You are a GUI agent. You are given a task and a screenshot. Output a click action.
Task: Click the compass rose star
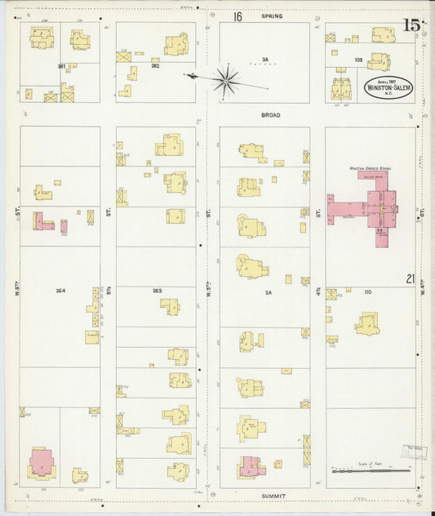226,79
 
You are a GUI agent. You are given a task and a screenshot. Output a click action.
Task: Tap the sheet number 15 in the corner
411,24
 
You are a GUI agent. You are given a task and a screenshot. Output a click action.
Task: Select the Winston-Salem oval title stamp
388,87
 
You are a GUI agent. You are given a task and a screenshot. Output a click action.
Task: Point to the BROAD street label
270,115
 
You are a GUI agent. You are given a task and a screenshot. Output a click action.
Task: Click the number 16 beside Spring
237,16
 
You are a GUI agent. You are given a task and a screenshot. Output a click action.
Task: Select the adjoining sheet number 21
411,279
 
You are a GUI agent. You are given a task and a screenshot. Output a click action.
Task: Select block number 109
357,60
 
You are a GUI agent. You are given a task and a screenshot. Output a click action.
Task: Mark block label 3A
264,59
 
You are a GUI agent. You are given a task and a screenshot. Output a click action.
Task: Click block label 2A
266,290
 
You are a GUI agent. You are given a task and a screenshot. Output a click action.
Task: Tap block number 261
61,65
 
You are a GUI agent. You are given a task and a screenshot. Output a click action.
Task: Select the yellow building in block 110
367,323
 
